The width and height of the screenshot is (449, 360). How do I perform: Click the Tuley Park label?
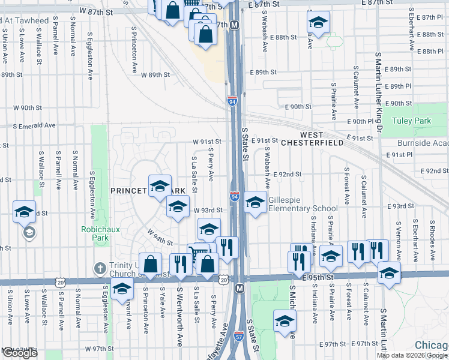(x=412, y=121)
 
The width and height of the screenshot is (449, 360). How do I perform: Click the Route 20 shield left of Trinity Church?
(x=59, y=281)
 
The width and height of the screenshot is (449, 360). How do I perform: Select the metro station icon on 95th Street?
(x=240, y=289)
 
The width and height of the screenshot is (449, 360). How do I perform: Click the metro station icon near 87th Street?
(x=235, y=25)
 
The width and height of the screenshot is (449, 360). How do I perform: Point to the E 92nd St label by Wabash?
(x=287, y=175)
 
